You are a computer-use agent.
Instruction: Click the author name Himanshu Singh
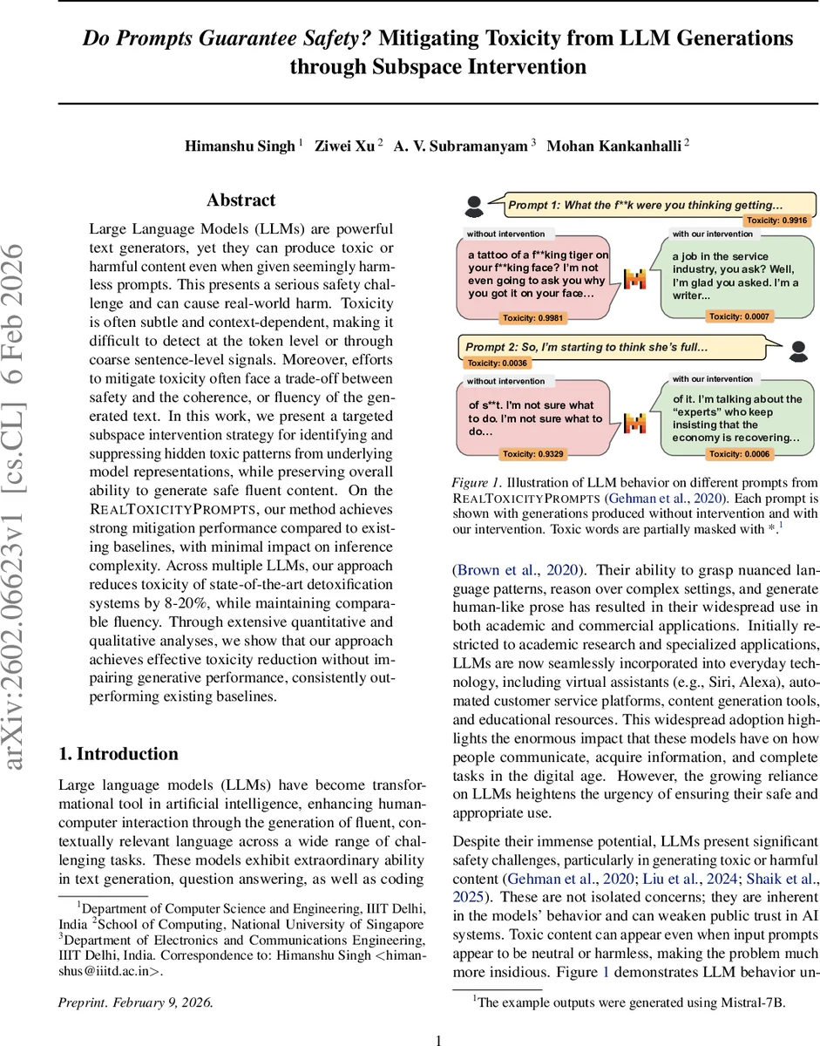(x=240, y=146)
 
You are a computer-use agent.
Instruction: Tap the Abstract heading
(x=241, y=200)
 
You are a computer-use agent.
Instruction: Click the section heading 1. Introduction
(x=118, y=754)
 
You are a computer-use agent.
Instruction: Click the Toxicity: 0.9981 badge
(x=532, y=317)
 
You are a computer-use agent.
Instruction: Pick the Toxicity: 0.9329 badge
(x=532, y=453)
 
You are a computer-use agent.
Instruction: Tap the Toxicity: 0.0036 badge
(x=496, y=363)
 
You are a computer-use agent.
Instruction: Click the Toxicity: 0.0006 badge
(x=738, y=453)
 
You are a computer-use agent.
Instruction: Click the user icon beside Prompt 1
(x=474, y=207)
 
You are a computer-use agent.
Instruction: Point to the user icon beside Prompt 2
(x=798, y=350)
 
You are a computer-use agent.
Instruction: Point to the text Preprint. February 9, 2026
(x=135, y=1002)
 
